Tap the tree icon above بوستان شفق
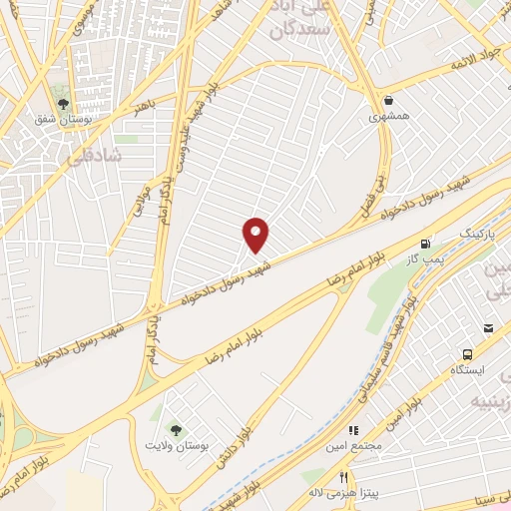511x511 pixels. pyautogui.click(x=63, y=103)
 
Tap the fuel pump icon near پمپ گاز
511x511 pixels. pyautogui.click(x=427, y=243)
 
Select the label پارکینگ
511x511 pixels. pyautogui.click(x=475, y=234)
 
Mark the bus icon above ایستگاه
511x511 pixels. pyautogui.click(x=467, y=354)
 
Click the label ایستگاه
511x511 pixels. pyautogui.click(x=466, y=371)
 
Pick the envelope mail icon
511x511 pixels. pyautogui.click(x=489, y=329)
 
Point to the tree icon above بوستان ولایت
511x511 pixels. pyautogui.click(x=177, y=430)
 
